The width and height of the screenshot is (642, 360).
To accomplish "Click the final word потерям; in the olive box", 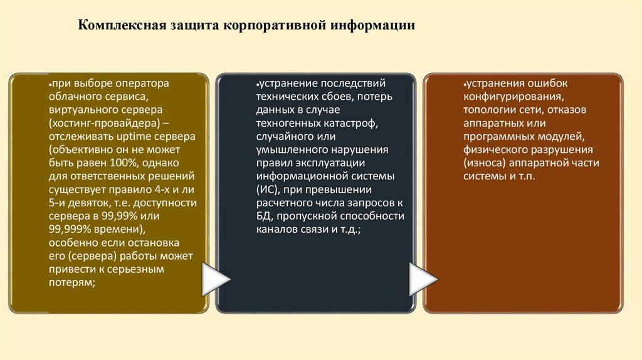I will coord(71,283).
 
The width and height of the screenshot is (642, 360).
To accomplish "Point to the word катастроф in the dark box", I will coord(354,122).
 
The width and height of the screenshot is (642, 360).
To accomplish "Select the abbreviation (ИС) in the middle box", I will coord(267,189).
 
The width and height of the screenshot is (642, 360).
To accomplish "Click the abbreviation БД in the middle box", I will coord(263,216).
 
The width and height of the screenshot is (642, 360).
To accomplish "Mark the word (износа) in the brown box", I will coord(483,163).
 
